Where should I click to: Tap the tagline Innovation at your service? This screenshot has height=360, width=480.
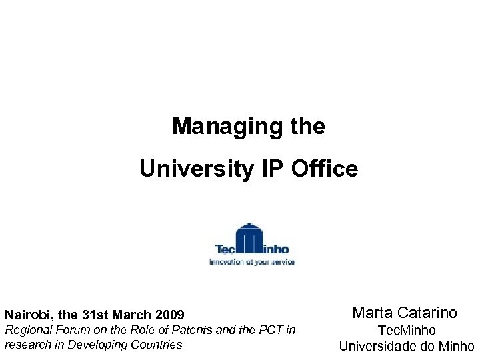coord(251,262)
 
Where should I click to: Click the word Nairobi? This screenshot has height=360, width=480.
coord(26,314)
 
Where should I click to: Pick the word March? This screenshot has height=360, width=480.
coord(133,314)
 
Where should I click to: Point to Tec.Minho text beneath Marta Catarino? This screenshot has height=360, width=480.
coord(407,330)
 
